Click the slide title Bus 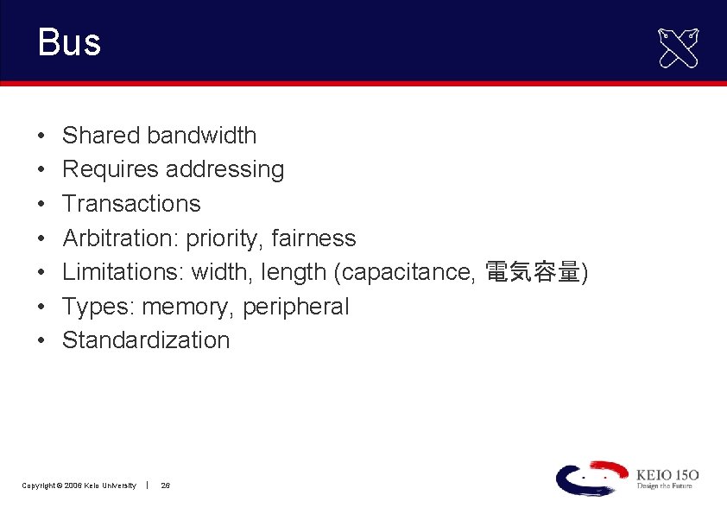click(x=69, y=42)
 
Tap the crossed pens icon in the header click(x=679, y=48)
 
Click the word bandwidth click(x=201, y=136)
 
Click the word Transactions click(x=131, y=204)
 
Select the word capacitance click(x=410, y=272)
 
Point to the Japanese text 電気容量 click(x=532, y=272)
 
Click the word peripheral click(x=295, y=307)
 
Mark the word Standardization click(x=146, y=340)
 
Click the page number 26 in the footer click(x=166, y=485)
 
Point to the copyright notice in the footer click(x=79, y=485)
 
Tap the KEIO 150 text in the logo click(x=667, y=474)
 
